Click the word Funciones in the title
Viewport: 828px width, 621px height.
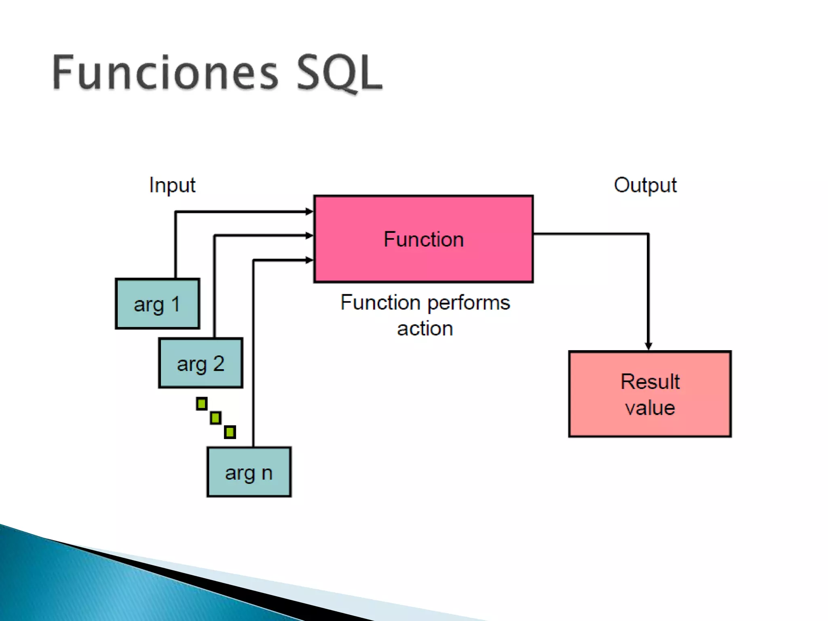coord(165,73)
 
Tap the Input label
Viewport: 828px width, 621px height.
coord(172,186)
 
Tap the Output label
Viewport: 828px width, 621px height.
coord(645,186)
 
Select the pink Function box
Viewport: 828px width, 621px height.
coord(423,239)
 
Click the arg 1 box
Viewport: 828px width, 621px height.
coord(157,304)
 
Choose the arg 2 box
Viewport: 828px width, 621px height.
coord(201,363)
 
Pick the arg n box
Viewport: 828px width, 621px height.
coord(249,472)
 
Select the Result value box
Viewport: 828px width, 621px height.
coord(650,394)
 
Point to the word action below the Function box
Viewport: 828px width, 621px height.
coord(425,329)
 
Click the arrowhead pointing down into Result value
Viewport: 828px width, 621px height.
coord(648,346)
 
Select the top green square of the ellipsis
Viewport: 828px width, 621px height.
coord(202,403)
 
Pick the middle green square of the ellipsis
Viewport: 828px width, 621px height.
coord(216,418)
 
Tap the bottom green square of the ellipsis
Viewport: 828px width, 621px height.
coord(230,432)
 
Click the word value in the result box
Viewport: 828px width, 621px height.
coord(650,408)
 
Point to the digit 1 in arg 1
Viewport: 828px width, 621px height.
coord(175,304)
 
